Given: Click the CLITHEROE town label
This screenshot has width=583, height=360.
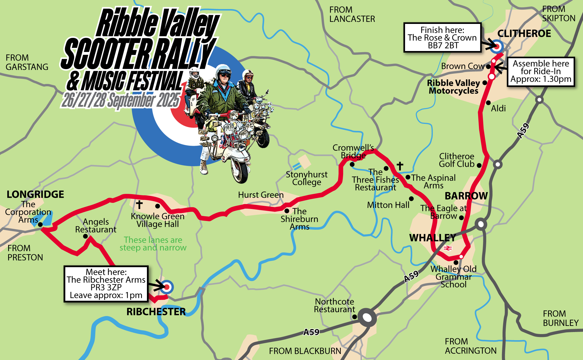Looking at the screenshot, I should (x=524, y=34).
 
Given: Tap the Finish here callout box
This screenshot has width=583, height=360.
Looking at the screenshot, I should (x=442, y=38).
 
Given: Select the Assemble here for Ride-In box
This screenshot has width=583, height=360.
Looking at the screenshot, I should (x=541, y=71).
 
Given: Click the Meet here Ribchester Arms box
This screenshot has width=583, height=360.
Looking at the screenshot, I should (x=106, y=284).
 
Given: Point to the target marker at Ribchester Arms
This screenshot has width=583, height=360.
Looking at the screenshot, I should (x=167, y=287).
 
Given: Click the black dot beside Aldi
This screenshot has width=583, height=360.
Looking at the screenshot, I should (x=488, y=103).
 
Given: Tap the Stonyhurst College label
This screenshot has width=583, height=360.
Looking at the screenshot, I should (x=307, y=178).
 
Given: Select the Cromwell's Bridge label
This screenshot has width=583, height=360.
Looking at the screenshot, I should (x=353, y=151).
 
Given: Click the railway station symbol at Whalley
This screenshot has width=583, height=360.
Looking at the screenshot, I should (x=447, y=248).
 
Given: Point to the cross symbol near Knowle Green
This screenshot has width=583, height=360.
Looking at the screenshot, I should (x=139, y=204).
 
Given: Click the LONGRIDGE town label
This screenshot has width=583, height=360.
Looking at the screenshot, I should (x=35, y=194).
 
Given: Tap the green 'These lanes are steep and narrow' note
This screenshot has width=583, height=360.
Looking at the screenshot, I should (x=153, y=244).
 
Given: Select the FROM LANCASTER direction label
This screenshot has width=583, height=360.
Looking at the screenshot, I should (x=352, y=14).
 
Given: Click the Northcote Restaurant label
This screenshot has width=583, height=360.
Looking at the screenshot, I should (x=334, y=305).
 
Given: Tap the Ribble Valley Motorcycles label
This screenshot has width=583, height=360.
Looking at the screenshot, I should (x=453, y=87).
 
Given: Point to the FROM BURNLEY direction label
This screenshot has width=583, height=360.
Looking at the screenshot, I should (x=560, y=318).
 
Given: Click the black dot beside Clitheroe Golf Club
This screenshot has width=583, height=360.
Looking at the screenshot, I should (x=479, y=165).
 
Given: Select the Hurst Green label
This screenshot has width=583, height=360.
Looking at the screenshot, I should (x=261, y=195).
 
